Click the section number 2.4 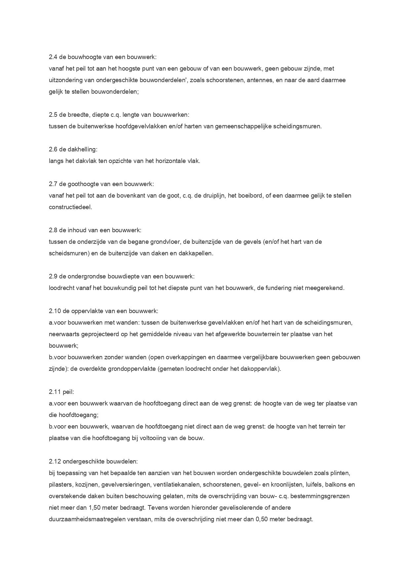pyautogui.click(x=53, y=57)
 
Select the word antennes pyautogui.click(x=259, y=80)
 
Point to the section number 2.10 pyautogui.click(x=55, y=311)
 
